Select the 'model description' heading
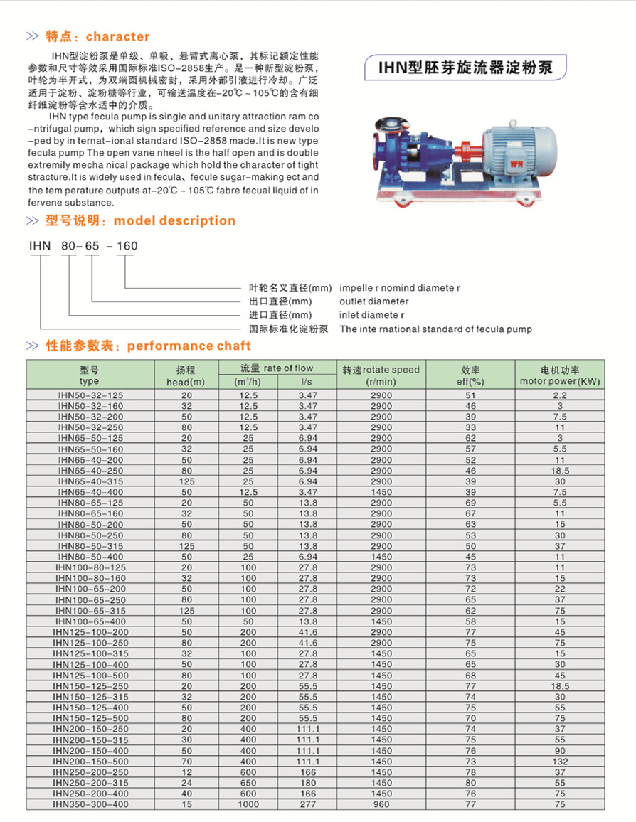tap(174, 220)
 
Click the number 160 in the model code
tap(127, 246)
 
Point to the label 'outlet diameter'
tap(374, 301)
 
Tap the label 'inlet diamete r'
tap(372, 315)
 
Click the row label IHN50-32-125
tap(90, 395)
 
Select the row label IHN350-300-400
tap(90, 804)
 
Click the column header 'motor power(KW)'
tap(560, 381)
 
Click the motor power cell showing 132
tap(560, 761)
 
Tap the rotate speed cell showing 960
tap(381, 804)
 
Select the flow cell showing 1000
tap(248, 804)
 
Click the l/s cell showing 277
tap(308, 804)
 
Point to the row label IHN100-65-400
tap(90, 621)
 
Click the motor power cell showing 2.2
tap(560, 395)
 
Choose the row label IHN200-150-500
tap(90, 761)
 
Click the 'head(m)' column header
tap(186, 382)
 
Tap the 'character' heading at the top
tap(117, 36)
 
